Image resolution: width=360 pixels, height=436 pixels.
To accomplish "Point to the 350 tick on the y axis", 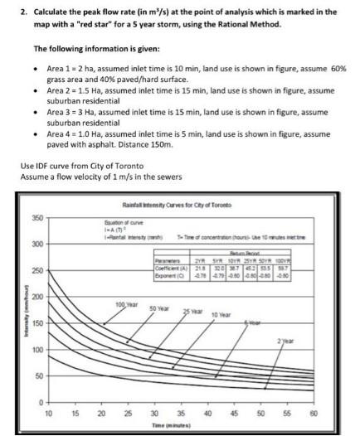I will pos(36,218).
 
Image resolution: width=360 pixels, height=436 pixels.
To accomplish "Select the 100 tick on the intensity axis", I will pos(36,350).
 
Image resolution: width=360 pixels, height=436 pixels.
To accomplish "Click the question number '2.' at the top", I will pos(25,12).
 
